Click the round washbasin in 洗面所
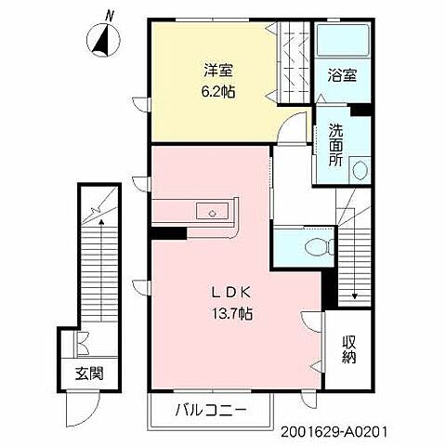pyautogui.click(x=361, y=171)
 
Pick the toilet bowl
pyautogui.click(x=319, y=247)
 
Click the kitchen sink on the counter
pyautogui.click(x=213, y=213)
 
